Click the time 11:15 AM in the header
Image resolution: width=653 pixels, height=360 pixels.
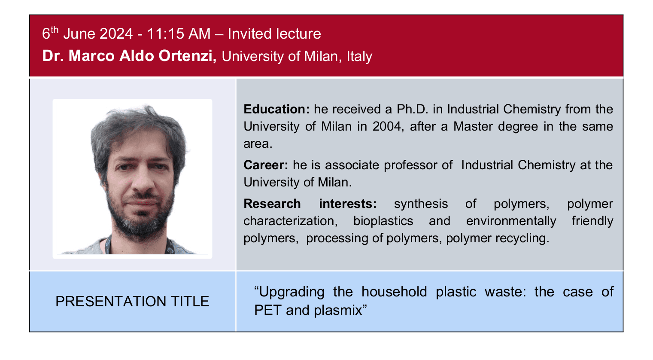click(179, 34)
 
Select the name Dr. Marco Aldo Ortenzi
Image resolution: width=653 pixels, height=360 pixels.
click(129, 56)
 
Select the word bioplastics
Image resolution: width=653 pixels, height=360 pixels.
click(383, 221)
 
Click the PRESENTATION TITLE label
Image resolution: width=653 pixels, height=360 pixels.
click(132, 301)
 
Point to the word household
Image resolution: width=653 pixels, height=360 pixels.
click(394, 292)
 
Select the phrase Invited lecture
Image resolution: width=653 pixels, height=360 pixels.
click(274, 34)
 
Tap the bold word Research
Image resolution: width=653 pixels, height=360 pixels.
click(272, 204)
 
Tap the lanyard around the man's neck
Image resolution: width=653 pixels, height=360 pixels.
click(108, 245)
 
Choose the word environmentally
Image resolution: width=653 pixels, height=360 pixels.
click(511, 221)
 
